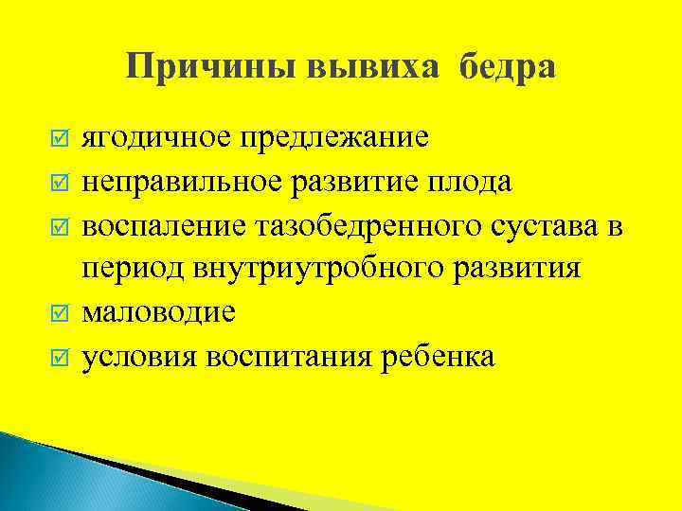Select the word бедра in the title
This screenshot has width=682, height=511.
coord(509,67)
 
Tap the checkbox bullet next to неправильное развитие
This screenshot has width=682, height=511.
coord(59,180)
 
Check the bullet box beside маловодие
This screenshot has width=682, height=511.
coord(59,312)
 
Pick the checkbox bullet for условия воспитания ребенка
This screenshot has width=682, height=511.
coord(59,357)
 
